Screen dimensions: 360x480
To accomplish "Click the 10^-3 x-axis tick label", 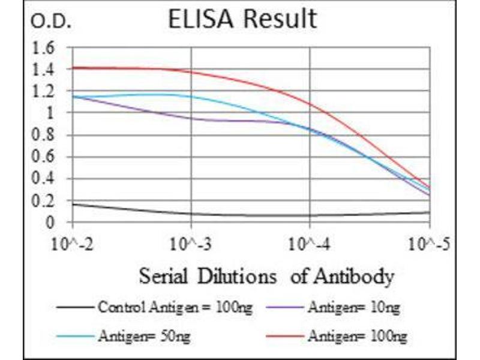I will [191, 245].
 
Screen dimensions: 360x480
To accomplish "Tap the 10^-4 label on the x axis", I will [310, 245].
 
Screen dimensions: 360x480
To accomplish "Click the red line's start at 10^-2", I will [73, 68].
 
